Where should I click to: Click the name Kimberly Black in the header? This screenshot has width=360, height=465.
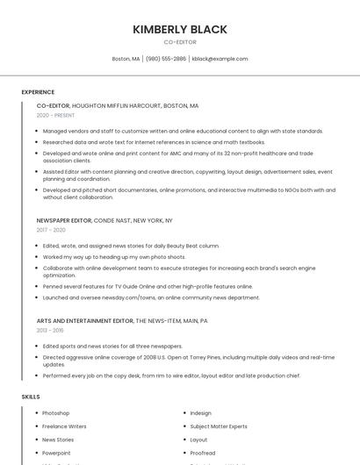[x=180, y=29]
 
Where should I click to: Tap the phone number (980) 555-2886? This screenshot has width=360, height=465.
[x=166, y=59]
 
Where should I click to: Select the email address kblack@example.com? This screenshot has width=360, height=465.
[x=220, y=59]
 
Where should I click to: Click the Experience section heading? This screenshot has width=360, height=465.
[x=38, y=92]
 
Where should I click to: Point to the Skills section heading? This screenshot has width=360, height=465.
[x=31, y=397]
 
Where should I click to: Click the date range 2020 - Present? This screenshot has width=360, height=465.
[x=55, y=115]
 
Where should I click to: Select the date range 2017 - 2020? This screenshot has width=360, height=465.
[x=51, y=230]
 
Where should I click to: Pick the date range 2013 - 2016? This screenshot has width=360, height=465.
[x=50, y=331]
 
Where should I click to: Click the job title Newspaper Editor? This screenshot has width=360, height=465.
[x=64, y=220]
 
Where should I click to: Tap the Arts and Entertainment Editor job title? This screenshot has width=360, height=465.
[x=84, y=321]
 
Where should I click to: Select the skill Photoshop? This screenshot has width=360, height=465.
[x=55, y=413]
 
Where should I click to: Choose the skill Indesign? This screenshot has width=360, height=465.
[x=200, y=413]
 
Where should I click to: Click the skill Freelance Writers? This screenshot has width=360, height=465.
[x=64, y=426]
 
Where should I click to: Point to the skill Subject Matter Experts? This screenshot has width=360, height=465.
[x=219, y=426]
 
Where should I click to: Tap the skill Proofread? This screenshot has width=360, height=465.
[x=203, y=453]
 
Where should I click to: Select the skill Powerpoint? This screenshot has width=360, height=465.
[x=57, y=453]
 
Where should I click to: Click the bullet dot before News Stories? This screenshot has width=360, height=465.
[x=36, y=440]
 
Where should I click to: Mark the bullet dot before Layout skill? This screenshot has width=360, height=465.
[x=184, y=440]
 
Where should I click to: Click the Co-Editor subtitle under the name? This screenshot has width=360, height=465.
[x=180, y=42]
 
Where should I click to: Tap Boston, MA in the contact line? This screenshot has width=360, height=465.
[x=126, y=59]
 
